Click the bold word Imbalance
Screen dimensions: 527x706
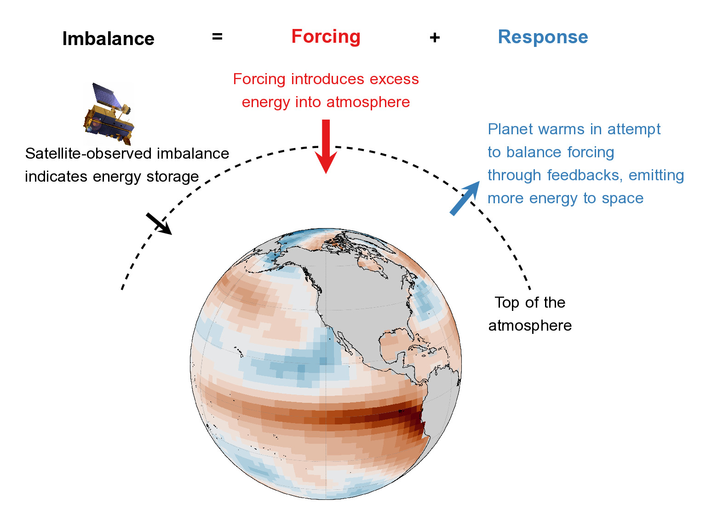(108, 39)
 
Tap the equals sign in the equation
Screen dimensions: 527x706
(217, 37)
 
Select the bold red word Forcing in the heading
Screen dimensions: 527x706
(326, 37)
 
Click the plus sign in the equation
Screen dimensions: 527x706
(435, 38)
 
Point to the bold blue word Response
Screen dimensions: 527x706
(543, 37)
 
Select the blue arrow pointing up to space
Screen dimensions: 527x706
(465, 198)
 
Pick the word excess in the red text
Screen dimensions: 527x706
(394, 79)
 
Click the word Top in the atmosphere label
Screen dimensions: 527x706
(506, 303)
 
